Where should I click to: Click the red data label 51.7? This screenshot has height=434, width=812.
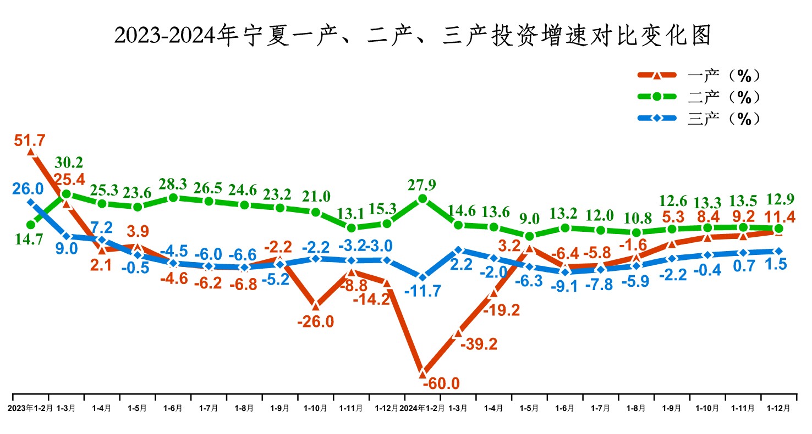pyautogui.click(x=30, y=141)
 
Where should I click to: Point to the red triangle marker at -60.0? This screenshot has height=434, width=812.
pyautogui.click(x=423, y=373)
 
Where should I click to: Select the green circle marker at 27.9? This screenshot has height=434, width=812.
pyautogui.click(x=423, y=199)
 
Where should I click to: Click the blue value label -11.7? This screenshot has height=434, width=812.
pyautogui.click(x=423, y=291)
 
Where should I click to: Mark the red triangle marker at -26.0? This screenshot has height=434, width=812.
pyautogui.click(x=315, y=305)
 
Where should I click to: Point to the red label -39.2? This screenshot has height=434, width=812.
pyautogui.click(x=478, y=344)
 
